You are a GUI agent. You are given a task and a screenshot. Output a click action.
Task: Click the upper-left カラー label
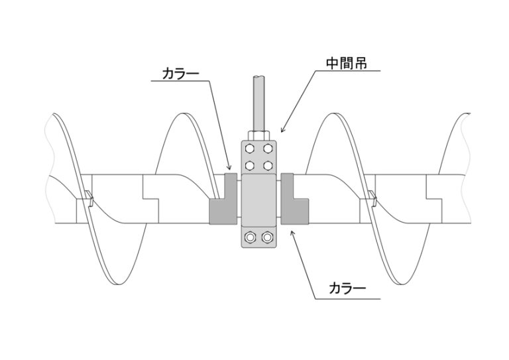click(180, 74)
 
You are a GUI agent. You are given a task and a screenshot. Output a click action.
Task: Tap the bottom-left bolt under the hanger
click(251, 237)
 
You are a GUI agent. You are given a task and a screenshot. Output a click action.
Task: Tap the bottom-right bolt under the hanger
click(267, 237)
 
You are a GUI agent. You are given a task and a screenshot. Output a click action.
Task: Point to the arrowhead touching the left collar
click(229, 170)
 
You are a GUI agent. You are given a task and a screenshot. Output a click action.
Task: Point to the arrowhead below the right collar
click(292, 228)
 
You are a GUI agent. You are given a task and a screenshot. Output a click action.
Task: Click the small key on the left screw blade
click(88, 196)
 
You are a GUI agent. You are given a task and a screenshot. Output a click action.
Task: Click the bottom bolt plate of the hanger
click(259, 237)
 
